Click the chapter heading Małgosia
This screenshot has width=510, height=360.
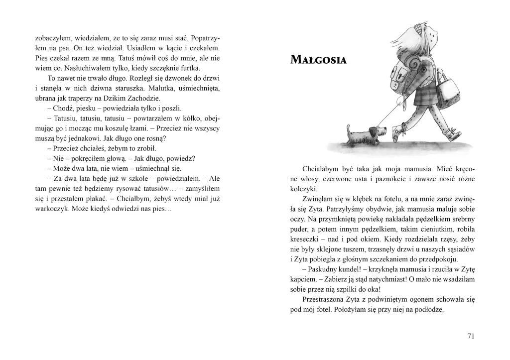318,61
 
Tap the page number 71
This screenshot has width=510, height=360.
471,336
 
